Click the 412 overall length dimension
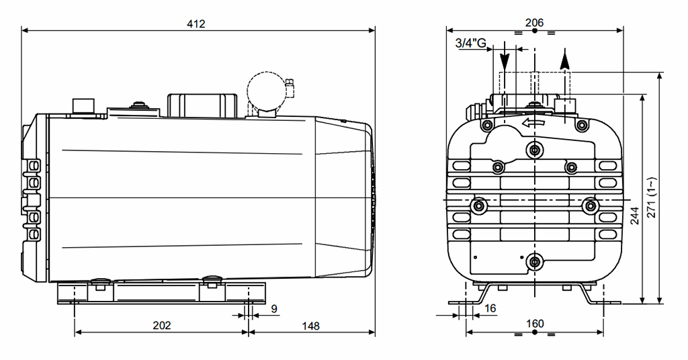click(196, 24)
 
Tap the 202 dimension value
click(161, 325)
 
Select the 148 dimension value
click(310, 326)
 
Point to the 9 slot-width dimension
click(274, 309)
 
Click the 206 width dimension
click(534, 22)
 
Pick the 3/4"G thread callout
click(471, 43)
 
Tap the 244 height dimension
click(635, 216)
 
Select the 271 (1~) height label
click(652, 197)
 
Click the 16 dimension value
click(490, 308)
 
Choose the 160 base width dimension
click(535, 324)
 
